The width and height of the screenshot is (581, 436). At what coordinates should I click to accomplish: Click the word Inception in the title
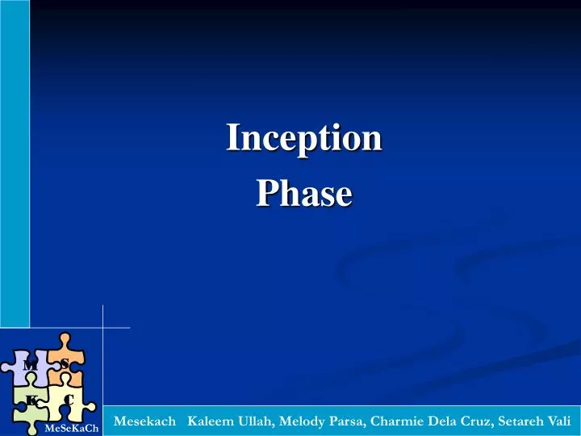[303, 137]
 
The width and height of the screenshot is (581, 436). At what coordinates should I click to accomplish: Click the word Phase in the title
[303, 195]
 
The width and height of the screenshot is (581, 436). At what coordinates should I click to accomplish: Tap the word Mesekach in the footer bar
[145, 421]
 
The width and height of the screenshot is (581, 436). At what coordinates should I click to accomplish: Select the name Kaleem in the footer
[210, 421]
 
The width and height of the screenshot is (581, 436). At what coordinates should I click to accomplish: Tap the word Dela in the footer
[442, 421]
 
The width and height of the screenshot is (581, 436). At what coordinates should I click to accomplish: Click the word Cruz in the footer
[476, 421]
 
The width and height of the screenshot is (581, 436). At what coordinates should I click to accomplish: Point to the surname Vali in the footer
[559, 421]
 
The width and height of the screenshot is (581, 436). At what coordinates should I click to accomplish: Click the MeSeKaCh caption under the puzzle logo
[73, 427]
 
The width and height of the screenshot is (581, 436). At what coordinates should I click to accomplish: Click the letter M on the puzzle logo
[30, 366]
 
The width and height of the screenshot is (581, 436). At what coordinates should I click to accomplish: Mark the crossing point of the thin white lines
[102, 328]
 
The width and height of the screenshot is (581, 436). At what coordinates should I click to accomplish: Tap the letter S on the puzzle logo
[65, 363]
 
